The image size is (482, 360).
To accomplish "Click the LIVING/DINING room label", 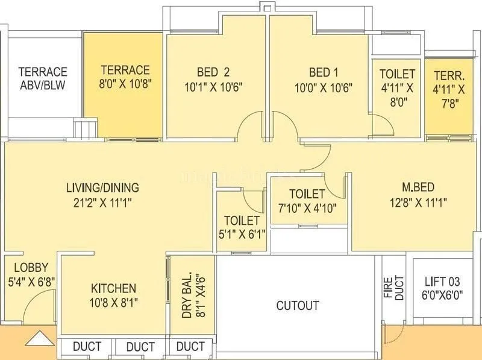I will click(102, 187).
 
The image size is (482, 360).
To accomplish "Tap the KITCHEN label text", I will click(113, 288).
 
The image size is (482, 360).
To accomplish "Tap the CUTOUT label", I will click(298, 306).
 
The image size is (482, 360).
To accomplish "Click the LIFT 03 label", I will click(443, 281).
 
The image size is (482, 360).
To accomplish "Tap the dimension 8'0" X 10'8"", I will click(125, 85).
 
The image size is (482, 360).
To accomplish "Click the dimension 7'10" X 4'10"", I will click(307, 208).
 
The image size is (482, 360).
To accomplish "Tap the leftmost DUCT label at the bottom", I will click(87, 347).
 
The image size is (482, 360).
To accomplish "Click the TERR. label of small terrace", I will click(449, 75).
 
